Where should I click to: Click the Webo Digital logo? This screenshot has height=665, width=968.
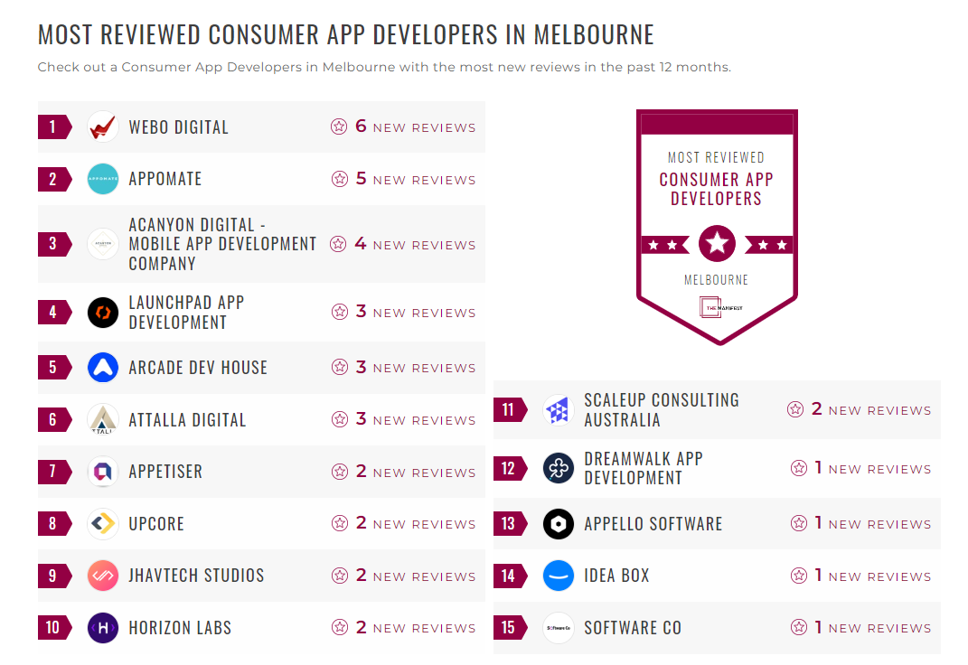pyautogui.click(x=103, y=126)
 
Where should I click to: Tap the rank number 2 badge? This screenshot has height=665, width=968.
pyautogui.click(x=53, y=179)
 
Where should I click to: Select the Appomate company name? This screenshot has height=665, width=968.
pyautogui.click(x=165, y=179)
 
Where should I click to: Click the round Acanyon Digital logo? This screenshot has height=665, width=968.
pyautogui.click(x=103, y=244)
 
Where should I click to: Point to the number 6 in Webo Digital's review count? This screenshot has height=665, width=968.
pyautogui.click(x=361, y=126)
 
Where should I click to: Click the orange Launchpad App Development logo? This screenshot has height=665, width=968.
pyautogui.click(x=103, y=313)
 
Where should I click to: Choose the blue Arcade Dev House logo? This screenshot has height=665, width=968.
pyautogui.click(x=103, y=368)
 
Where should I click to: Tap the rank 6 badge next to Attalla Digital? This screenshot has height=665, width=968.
pyautogui.click(x=53, y=420)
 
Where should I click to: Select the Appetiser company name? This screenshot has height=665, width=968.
pyautogui.click(x=165, y=472)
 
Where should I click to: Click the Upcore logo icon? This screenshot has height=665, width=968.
pyautogui.click(x=103, y=524)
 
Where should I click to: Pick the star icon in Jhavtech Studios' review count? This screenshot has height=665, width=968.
pyautogui.click(x=340, y=576)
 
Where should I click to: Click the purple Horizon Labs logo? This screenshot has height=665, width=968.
pyautogui.click(x=103, y=628)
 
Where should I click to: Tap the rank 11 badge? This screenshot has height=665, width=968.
pyautogui.click(x=509, y=410)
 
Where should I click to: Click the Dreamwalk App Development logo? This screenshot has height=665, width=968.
pyautogui.click(x=559, y=468)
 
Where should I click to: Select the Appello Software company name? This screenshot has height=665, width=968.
pyautogui.click(x=653, y=524)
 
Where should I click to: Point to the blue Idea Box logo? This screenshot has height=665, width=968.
pyautogui.click(x=559, y=576)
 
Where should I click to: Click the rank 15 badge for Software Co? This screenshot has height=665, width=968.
pyautogui.click(x=509, y=628)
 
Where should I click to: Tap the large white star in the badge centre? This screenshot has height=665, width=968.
pyautogui.click(x=717, y=244)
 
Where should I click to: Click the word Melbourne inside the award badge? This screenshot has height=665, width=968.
pyautogui.click(x=717, y=280)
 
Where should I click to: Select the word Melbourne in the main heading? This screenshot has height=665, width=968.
pyautogui.click(x=594, y=35)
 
